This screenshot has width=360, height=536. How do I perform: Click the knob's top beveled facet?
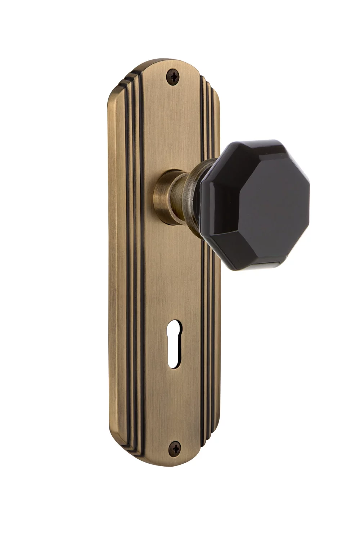point(248,148)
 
